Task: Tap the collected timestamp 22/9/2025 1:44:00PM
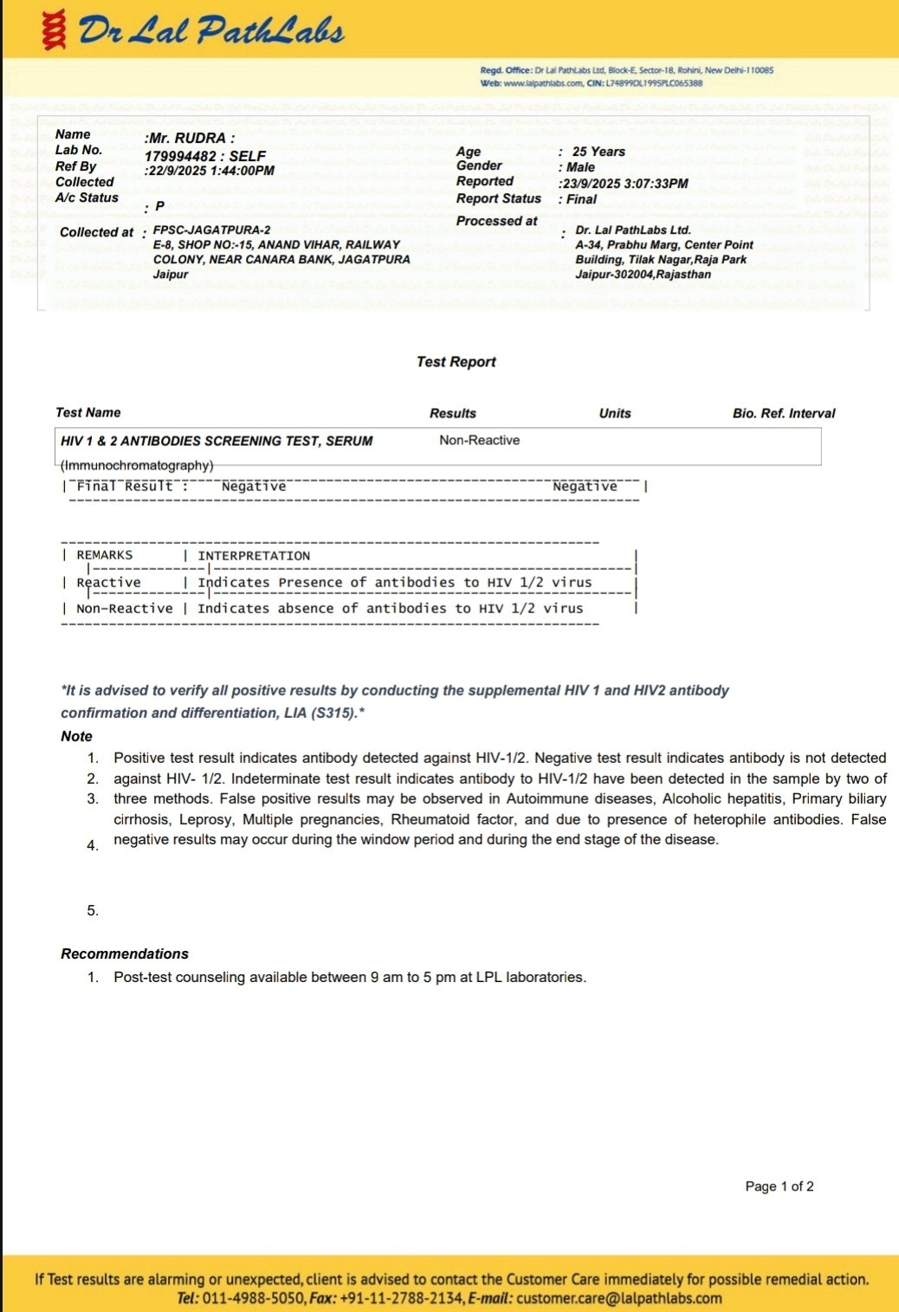tap(210, 171)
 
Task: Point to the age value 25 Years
tap(598, 152)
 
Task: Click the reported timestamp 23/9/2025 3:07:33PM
tap(625, 184)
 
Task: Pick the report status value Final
tap(581, 199)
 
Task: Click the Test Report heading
tap(456, 362)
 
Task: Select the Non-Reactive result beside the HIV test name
tap(479, 440)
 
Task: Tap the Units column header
tap(615, 413)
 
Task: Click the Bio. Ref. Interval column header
tap(784, 413)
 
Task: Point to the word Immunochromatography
tap(137, 465)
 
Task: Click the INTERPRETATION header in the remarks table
tap(254, 556)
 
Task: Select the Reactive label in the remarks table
tap(108, 583)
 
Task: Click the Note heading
tap(76, 736)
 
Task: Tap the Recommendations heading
tap(125, 953)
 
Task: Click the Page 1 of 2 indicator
tap(779, 1186)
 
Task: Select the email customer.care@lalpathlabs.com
tap(619, 1298)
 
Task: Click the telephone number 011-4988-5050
tap(253, 1298)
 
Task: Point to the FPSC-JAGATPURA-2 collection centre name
tap(211, 230)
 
